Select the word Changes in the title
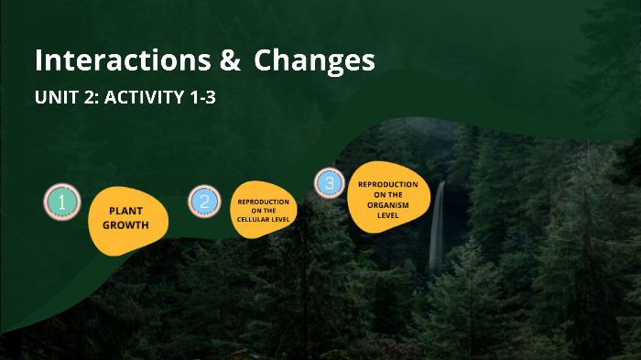(315, 61)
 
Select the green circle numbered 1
(61, 202)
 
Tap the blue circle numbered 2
(204, 202)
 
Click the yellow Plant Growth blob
(126, 220)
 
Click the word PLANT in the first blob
(126, 211)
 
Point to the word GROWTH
(125, 224)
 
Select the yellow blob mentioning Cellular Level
(264, 211)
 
